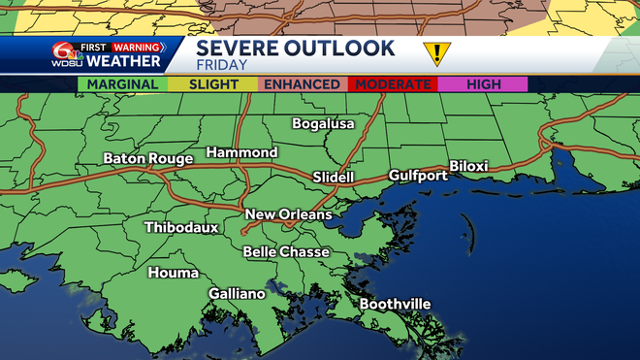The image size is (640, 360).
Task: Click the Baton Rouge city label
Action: click(147, 158)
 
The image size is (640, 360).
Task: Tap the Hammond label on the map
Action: click(241, 152)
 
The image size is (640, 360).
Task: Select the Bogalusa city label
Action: click(324, 123)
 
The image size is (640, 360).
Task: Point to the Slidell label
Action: click(334, 178)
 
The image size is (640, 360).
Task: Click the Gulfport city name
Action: click(418, 176)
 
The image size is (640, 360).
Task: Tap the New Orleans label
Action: click(288, 214)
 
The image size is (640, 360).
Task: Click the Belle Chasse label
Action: click(286, 251)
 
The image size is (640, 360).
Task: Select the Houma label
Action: click(173, 273)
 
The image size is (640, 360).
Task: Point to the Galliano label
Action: click(237, 293)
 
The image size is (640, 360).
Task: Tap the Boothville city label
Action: click(395, 304)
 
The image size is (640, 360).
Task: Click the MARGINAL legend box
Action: click(122, 84)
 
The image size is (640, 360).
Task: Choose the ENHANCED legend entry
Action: click(303, 84)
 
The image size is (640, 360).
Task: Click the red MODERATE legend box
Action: click(393, 84)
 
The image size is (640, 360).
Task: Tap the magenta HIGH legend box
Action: click(482, 84)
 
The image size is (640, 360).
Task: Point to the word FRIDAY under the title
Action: click(221, 65)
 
